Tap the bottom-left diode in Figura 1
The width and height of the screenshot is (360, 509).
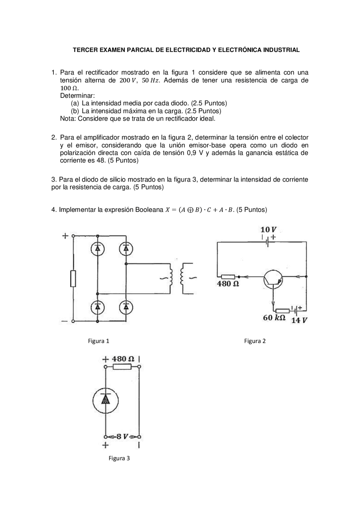(x=98, y=307)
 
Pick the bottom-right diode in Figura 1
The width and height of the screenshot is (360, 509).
(x=126, y=307)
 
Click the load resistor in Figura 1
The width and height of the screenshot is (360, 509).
(x=73, y=279)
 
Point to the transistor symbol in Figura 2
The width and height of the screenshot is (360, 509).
(x=273, y=280)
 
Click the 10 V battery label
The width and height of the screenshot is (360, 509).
(x=268, y=230)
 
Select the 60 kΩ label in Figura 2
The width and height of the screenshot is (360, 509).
(x=274, y=318)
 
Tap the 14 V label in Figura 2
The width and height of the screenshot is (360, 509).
(x=299, y=320)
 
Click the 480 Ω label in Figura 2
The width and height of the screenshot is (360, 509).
(x=228, y=284)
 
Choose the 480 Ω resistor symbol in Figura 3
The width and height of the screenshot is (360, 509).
(x=122, y=367)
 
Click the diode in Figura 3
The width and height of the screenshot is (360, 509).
(x=105, y=401)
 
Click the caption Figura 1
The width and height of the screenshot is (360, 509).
(x=98, y=341)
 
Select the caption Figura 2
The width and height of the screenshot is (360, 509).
(x=255, y=341)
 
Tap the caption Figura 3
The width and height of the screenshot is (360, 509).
(x=119, y=458)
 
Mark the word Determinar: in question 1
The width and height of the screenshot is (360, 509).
(x=77, y=96)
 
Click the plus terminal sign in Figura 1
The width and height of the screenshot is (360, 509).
(x=65, y=236)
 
